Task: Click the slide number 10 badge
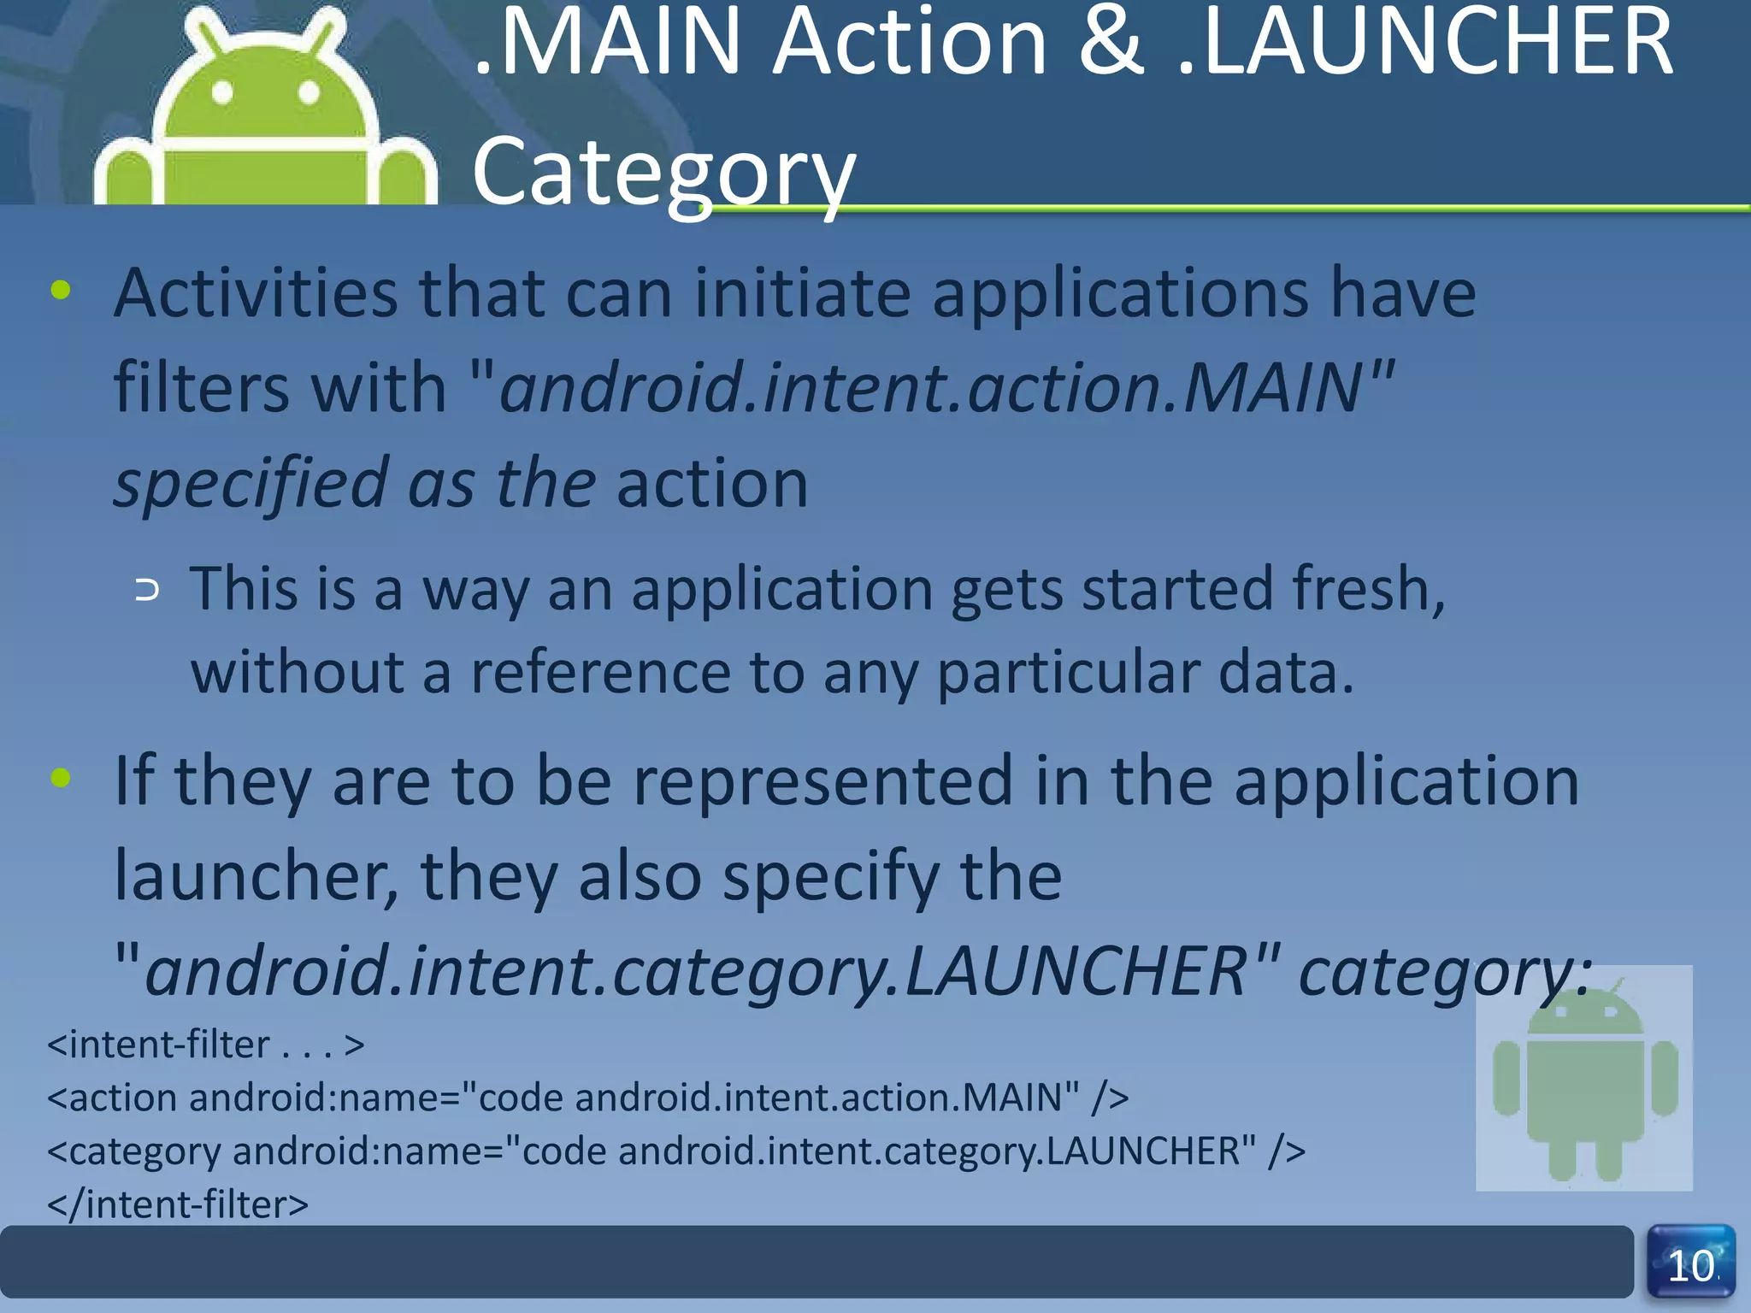pos(1690,1263)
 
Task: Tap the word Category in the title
pos(663,171)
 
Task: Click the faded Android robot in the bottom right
pos(1584,1079)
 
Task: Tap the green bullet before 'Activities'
pos(61,290)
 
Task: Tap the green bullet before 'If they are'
pos(61,777)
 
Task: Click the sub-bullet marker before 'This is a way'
pos(147,590)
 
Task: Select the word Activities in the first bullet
pos(256,293)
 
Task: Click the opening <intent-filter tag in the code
pos(159,1045)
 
